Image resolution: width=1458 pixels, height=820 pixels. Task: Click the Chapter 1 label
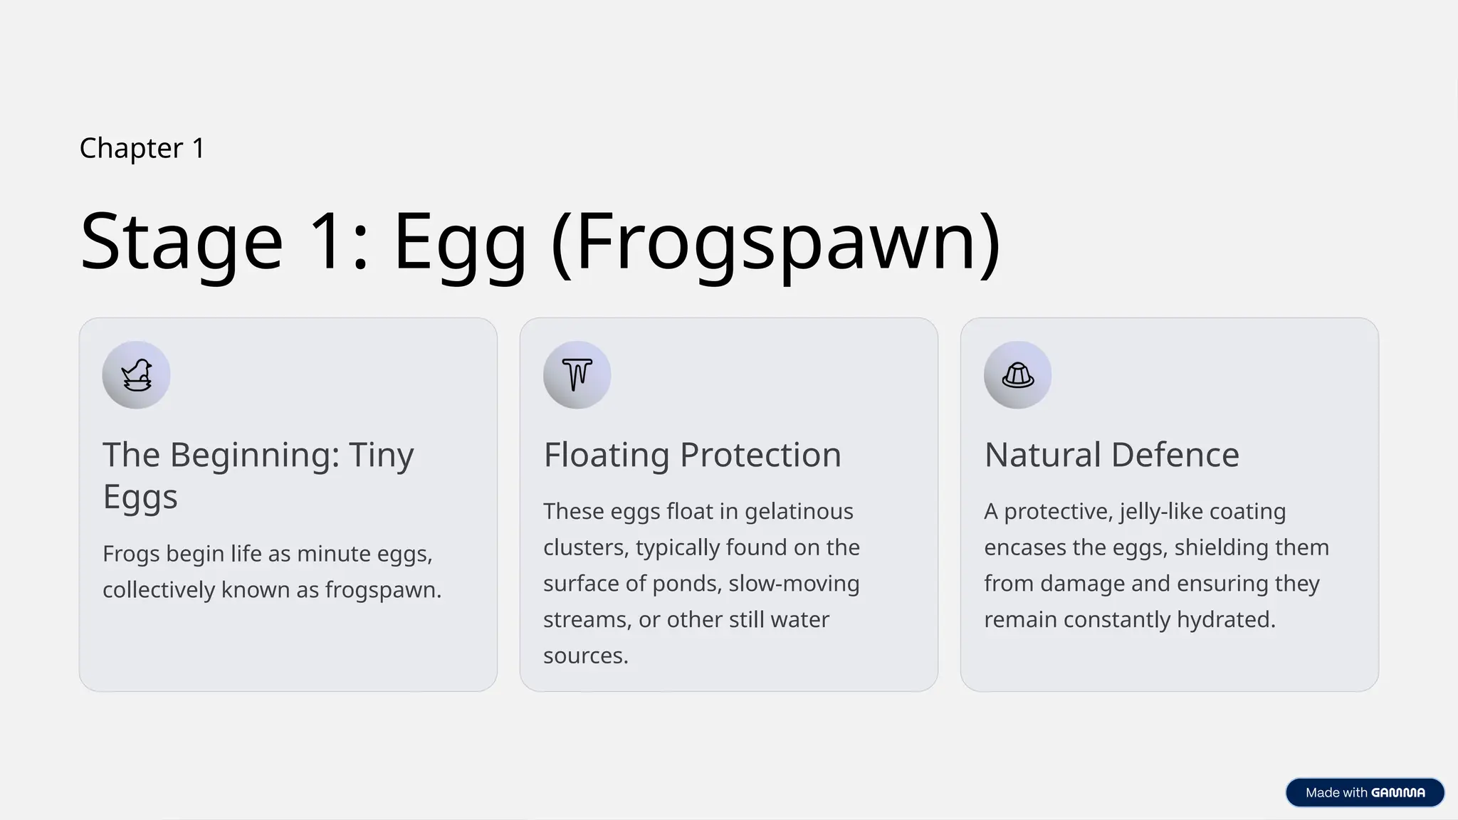click(142, 148)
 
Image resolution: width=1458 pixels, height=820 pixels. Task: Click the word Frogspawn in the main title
click(777, 242)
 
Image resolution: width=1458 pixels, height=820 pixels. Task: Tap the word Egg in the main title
click(460, 242)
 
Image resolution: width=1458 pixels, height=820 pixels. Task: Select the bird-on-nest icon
click(136, 375)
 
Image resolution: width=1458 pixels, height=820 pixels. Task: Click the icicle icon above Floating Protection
click(577, 375)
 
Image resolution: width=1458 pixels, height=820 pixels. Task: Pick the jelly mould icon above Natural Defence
click(1017, 375)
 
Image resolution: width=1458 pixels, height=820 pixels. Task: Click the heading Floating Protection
click(692, 455)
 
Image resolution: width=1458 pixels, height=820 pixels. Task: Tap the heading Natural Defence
click(1111, 455)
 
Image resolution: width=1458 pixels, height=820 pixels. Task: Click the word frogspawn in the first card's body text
click(382, 590)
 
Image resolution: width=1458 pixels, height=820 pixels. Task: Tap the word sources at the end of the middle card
click(585, 656)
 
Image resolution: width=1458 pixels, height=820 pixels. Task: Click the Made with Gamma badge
click(1365, 792)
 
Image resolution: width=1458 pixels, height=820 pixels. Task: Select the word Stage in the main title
click(182, 242)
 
